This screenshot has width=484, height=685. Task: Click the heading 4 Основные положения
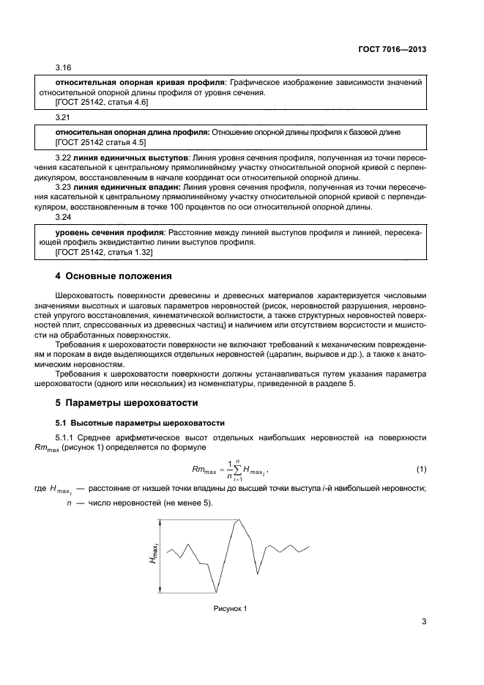pyautogui.click(x=113, y=276)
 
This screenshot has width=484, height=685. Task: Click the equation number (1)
pyautogui.click(x=420, y=468)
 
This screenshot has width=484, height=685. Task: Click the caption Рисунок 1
pyautogui.click(x=231, y=608)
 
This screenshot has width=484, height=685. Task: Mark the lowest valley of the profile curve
pyautogui.click(x=216, y=592)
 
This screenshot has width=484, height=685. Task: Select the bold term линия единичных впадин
pyautogui.click(x=123, y=187)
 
